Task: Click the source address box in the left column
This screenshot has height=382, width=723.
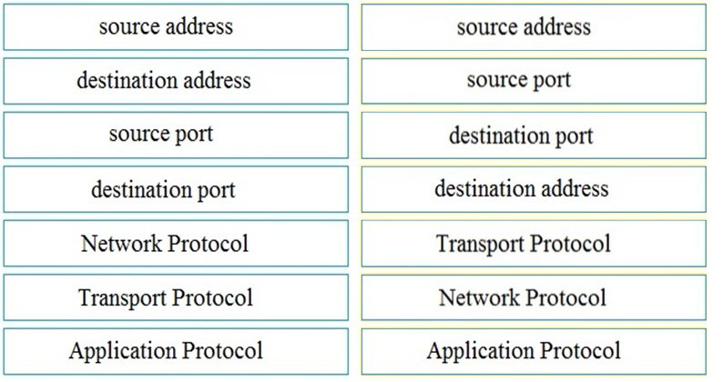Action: coord(176,27)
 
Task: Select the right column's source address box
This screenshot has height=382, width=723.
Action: coord(534,27)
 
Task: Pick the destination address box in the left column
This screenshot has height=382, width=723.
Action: coord(176,81)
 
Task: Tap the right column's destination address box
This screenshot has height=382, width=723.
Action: coord(534,189)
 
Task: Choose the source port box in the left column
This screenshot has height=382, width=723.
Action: coord(176,135)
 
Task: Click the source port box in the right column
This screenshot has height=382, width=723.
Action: coord(534,81)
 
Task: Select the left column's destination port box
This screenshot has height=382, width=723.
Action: coord(176,189)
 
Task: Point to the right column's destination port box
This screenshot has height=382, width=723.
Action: coord(534,135)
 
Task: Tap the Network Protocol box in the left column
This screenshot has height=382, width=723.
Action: coord(176,244)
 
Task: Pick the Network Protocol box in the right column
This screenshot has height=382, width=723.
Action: coord(534,297)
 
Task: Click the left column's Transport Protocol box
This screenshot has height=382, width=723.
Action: coord(176,297)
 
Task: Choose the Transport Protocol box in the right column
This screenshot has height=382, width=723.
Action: coord(534,244)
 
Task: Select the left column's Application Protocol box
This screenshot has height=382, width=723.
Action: coord(176,352)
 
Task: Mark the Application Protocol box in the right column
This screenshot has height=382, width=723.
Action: coord(534,352)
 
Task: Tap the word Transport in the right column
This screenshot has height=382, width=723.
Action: coord(480,245)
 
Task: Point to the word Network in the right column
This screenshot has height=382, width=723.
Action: coord(479,297)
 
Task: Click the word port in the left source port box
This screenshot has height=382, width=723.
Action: coord(194,135)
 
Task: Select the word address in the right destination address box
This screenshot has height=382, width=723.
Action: coord(575,188)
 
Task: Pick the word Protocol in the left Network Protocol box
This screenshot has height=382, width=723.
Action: coord(208,244)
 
